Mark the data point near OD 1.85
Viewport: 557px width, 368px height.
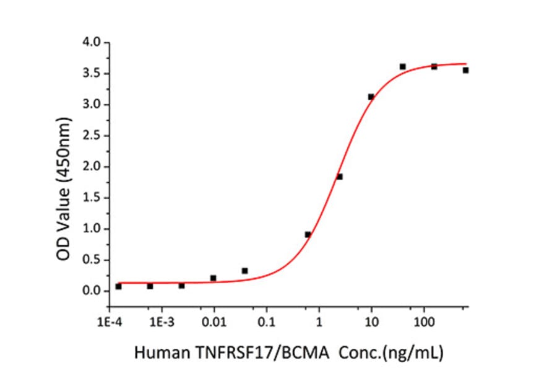(339, 177)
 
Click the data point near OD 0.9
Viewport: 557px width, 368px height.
(308, 234)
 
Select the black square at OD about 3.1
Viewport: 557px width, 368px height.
(371, 97)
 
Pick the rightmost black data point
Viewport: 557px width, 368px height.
(465, 70)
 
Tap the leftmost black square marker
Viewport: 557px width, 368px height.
(118, 286)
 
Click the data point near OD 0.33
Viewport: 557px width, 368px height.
(244, 271)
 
